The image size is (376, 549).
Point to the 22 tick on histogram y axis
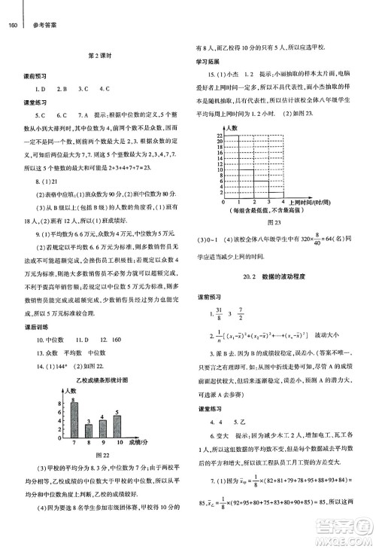(219, 136)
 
